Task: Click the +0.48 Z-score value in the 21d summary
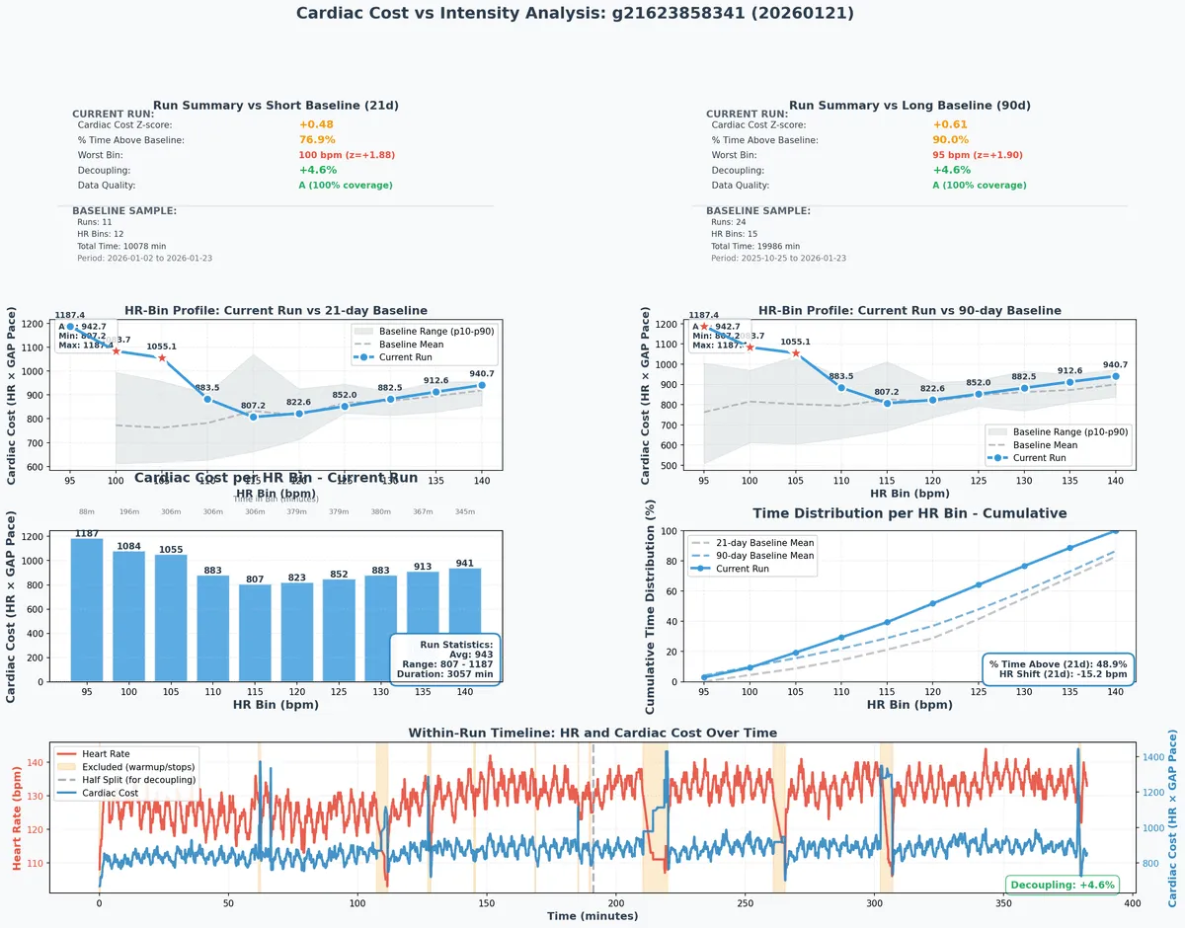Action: pyautogui.click(x=316, y=125)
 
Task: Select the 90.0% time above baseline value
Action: pyautogui.click(x=950, y=140)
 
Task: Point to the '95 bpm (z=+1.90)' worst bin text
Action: pyautogui.click(x=977, y=155)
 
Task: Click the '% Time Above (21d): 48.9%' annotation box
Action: pyautogui.click(x=1059, y=668)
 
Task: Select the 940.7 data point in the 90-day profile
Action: pyautogui.click(x=1116, y=376)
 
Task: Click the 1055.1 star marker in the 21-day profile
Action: pyautogui.click(x=162, y=357)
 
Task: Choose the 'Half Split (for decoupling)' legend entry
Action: pyautogui.click(x=138, y=780)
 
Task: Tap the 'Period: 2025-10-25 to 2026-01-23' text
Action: pyautogui.click(x=778, y=259)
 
